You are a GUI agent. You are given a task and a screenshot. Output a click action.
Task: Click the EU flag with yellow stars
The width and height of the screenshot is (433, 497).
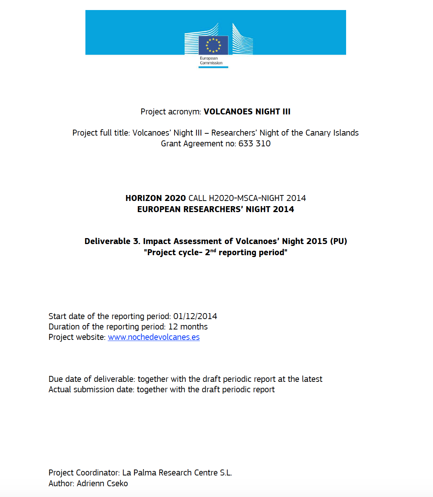point(213,45)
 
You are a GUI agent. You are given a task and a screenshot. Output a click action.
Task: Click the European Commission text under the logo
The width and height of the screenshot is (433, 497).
point(211,61)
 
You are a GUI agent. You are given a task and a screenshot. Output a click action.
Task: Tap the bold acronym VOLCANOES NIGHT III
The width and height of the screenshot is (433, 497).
point(247,112)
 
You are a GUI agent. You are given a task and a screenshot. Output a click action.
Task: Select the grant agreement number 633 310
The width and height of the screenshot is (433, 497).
point(254,144)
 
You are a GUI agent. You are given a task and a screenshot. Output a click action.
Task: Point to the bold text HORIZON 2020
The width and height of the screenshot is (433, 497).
point(155,198)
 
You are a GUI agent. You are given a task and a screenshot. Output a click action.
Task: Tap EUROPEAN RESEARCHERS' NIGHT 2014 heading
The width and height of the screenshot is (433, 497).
point(215,209)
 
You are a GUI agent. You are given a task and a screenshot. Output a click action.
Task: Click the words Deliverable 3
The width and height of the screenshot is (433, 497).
point(112,241)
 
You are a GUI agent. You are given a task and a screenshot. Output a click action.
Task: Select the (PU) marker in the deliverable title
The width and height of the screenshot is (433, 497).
point(338,241)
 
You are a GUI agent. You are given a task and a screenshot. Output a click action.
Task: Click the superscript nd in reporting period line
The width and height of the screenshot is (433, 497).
point(213,251)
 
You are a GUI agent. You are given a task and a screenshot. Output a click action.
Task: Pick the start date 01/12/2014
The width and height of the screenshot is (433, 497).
point(195,316)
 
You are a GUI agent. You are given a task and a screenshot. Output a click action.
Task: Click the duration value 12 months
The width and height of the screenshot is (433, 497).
point(188,327)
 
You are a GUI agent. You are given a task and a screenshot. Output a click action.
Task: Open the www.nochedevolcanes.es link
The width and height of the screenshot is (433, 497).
point(154,337)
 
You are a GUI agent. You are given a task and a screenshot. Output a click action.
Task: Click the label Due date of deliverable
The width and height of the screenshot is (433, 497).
point(92,379)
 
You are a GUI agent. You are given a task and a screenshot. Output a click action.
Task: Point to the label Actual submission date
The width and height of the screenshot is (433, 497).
point(91,390)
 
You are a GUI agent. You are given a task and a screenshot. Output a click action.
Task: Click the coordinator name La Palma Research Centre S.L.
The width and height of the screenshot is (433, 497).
point(177,473)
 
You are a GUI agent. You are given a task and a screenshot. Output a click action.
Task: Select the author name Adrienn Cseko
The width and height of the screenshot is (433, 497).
point(102,484)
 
